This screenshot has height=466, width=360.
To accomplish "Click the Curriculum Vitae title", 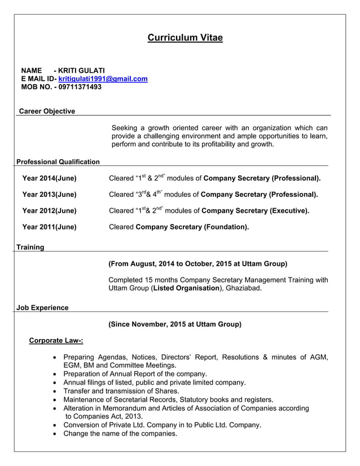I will [185, 38].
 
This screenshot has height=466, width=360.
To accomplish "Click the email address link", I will [103, 79].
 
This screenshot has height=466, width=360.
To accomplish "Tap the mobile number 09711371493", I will [78, 87].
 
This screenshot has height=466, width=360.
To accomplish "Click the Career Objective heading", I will [47, 111].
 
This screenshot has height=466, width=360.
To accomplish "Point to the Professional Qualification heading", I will [58, 162].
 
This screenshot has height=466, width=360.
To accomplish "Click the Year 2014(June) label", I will [49, 178].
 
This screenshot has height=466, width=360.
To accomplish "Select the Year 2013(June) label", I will [49, 195].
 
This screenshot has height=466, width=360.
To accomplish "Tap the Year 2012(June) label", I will [49, 211].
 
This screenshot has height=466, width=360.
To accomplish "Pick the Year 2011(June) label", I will [49, 227].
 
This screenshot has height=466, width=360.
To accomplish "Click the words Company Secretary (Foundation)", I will [192, 227].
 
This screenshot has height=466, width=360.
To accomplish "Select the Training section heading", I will [30, 247].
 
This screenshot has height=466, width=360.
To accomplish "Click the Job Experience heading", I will [42, 307].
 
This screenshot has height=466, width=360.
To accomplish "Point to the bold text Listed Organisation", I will [186, 288].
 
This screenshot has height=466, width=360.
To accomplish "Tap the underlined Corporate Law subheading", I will [56, 340].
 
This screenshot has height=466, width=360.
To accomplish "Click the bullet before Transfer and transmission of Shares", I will [54, 392].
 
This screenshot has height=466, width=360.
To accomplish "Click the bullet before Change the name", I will [54, 434].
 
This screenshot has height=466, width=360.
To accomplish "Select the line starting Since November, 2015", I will [174, 324].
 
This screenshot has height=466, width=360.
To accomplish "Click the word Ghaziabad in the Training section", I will [243, 288].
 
